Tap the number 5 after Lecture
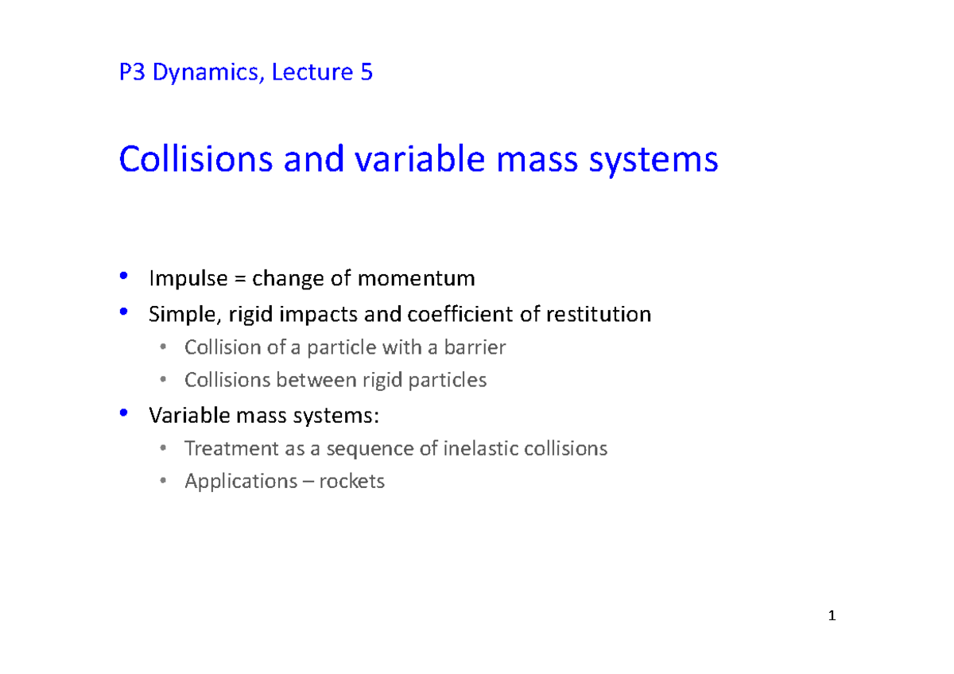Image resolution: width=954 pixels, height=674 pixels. point(366,73)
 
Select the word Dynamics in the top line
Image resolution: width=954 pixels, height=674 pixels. point(208,74)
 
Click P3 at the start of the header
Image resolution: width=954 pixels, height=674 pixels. point(132,73)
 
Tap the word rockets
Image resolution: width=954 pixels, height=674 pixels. point(351,482)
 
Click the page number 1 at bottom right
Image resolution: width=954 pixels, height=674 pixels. point(831,616)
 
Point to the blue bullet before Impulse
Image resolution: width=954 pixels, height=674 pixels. point(122,277)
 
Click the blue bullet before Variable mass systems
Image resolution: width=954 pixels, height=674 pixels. point(122,413)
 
